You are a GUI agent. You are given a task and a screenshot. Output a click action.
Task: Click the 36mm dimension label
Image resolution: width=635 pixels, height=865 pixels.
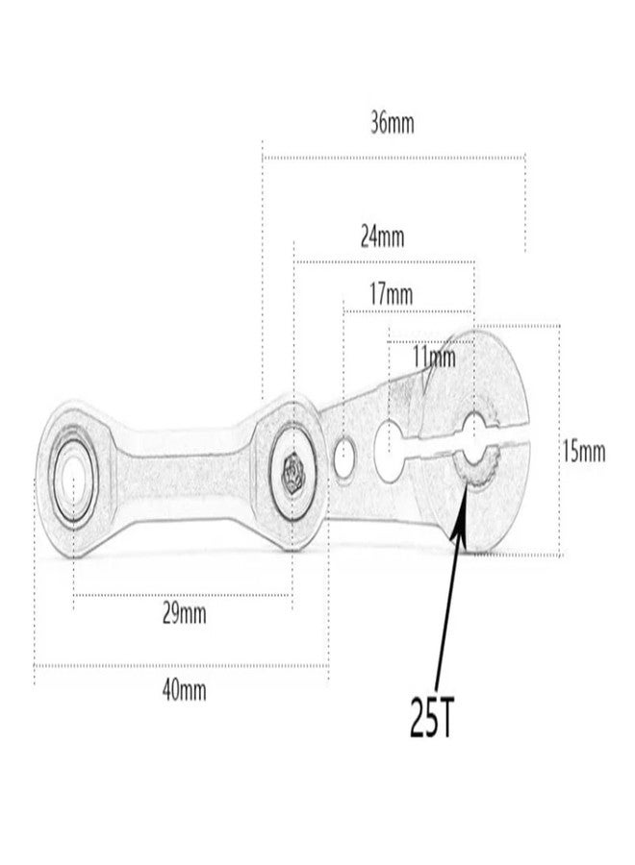392,123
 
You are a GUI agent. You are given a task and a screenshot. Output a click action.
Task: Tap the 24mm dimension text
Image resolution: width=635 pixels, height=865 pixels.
382,236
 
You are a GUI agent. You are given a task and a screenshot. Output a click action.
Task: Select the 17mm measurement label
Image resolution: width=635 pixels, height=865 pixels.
391,294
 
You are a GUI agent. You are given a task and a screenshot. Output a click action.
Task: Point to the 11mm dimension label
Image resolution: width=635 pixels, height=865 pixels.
435,358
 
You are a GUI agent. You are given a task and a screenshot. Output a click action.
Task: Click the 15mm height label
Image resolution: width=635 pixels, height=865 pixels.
584,452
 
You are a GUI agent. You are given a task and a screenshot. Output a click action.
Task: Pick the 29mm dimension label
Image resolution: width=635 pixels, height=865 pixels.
185,613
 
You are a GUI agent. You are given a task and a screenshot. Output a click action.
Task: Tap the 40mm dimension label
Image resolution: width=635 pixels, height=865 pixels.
185,690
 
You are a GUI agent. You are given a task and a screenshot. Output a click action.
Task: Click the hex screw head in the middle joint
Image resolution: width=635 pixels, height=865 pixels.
292,474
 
